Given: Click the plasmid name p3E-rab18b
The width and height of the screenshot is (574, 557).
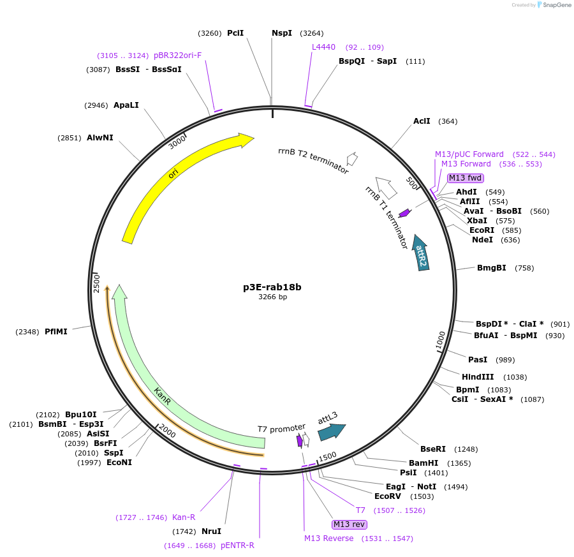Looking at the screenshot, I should pos(272,287).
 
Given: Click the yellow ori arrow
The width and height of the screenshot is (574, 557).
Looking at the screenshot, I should pos(173,172).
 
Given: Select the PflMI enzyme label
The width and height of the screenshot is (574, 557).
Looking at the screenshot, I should pos(56,332).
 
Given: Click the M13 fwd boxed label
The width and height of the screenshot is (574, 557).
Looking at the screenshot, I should pos(465,178).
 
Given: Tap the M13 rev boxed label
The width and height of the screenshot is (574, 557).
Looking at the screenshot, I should pos(350,524).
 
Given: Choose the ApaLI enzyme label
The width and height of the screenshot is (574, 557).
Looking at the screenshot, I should pos(126,105).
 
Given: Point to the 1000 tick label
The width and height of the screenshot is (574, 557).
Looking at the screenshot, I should pos(441,340).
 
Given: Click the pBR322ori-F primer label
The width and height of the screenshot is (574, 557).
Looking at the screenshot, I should pos(177,56).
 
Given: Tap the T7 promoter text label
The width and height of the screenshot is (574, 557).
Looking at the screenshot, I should pos(281,429).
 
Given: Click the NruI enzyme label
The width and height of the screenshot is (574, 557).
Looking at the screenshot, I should pos(211,531).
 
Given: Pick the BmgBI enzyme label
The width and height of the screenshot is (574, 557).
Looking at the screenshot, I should pos(492,268).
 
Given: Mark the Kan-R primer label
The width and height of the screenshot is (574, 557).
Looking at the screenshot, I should pos(184,517).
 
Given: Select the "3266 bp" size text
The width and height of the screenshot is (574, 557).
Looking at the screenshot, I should pos(272,297).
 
